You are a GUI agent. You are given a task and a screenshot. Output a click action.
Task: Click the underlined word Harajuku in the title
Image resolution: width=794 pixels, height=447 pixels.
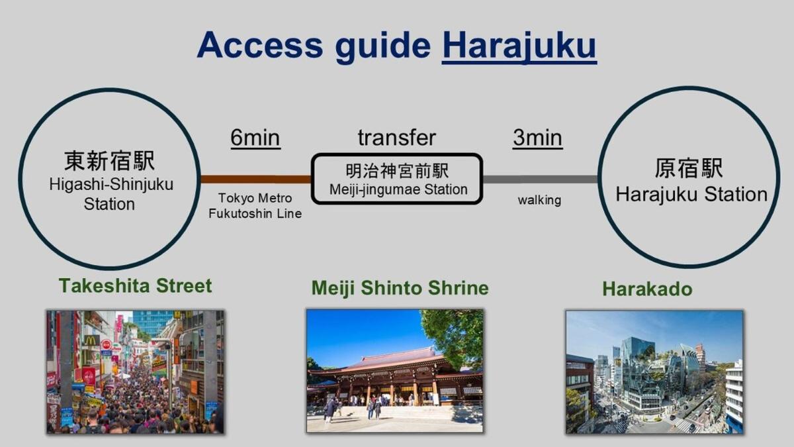pos(519,45)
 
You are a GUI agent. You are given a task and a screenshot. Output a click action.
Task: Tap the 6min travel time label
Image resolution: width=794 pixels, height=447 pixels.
pos(255,138)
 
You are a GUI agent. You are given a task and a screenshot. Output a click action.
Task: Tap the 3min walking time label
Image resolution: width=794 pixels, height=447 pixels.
pos(537,138)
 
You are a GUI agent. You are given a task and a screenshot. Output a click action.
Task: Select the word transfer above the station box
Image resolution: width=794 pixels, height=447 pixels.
pos(396,138)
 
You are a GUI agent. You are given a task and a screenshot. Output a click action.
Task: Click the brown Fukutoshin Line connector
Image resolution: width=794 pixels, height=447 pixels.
pos(255,179)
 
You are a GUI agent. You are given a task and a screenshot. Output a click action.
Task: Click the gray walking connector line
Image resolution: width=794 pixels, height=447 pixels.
pos(540,179)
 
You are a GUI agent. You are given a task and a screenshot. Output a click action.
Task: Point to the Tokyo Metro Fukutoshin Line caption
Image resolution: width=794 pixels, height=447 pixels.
pos(255,206)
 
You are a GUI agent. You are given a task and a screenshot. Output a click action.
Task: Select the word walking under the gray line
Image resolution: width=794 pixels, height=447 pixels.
pos(539,200)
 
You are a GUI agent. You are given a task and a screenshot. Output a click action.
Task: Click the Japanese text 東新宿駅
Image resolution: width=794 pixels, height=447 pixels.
pos(109,161)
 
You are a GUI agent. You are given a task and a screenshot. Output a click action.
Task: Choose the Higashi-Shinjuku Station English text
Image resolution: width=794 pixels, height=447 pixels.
pos(110,194)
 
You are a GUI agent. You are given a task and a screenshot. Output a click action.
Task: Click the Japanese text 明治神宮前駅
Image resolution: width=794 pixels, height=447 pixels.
pos(398,171)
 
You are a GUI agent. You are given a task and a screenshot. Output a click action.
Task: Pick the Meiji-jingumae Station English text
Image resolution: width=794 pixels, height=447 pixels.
pos(398,189)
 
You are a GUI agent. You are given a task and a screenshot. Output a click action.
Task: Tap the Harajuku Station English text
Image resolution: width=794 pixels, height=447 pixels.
pos(691,194)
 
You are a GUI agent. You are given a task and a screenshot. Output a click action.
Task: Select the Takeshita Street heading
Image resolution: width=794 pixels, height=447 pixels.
pos(135,286)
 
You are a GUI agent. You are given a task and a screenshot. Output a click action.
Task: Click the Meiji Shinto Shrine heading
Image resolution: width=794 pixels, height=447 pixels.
pos(400,288)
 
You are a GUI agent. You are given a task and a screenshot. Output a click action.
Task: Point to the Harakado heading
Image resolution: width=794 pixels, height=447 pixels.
pos(647,289)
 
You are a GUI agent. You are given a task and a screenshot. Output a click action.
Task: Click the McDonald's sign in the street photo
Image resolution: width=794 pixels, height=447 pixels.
pos(91,340)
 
